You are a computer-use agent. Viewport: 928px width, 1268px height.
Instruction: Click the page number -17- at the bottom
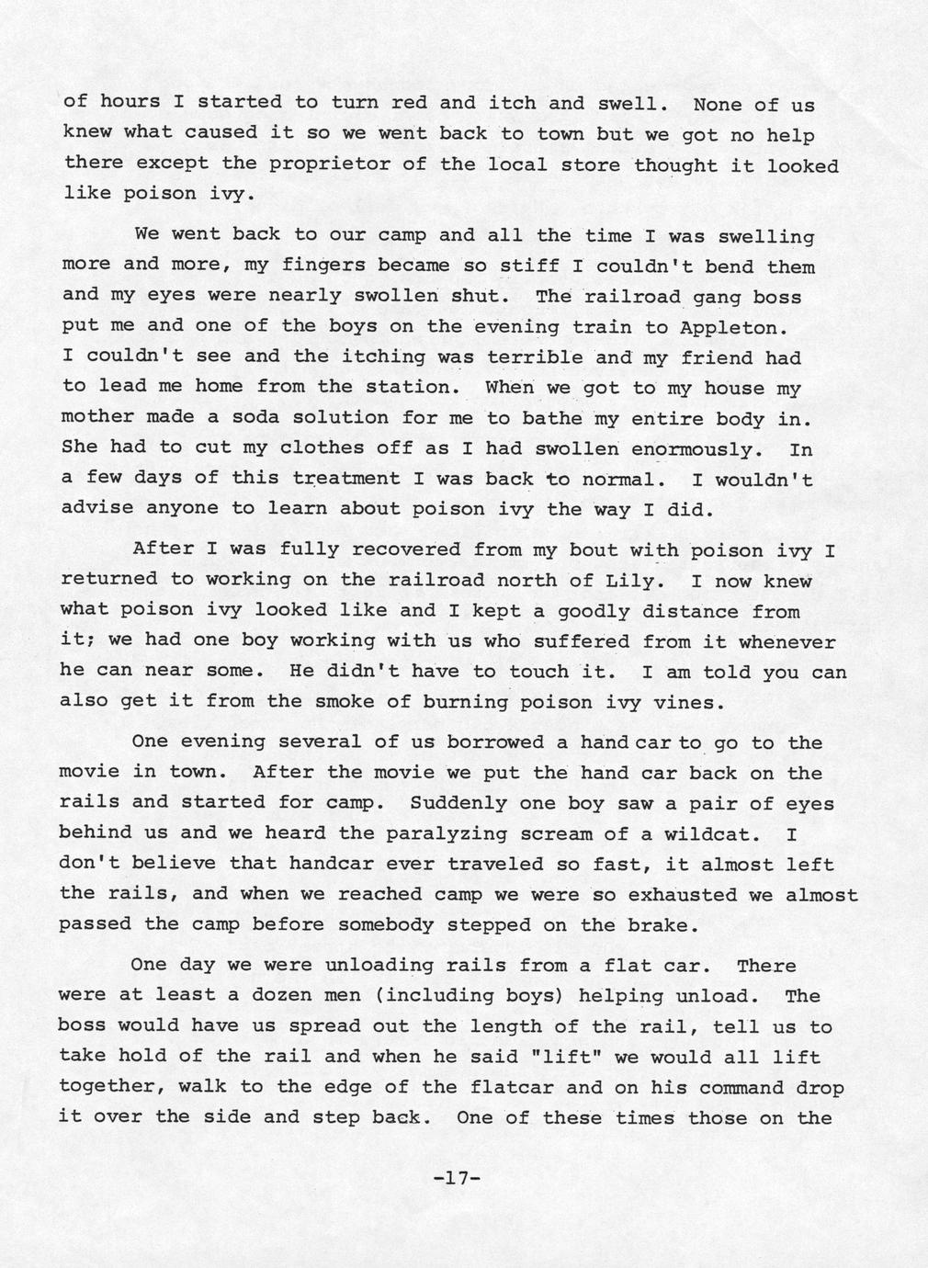pos(457,1177)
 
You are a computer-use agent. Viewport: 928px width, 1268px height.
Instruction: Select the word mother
pos(96,417)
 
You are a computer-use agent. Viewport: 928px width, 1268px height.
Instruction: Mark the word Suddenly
pos(458,803)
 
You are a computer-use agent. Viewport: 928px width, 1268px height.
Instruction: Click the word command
pos(741,1088)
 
